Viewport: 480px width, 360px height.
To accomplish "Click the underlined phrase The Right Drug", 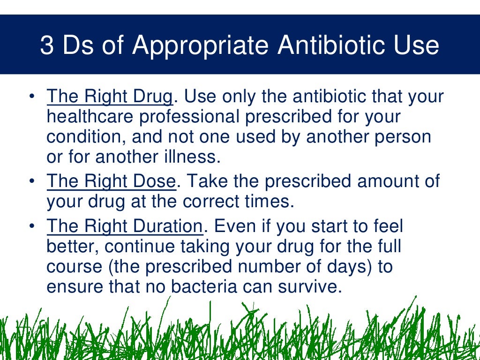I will [x=110, y=97].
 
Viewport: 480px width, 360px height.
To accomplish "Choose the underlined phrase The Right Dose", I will [x=111, y=181].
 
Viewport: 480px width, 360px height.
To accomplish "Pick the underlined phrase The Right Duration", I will [x=125, y=226].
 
